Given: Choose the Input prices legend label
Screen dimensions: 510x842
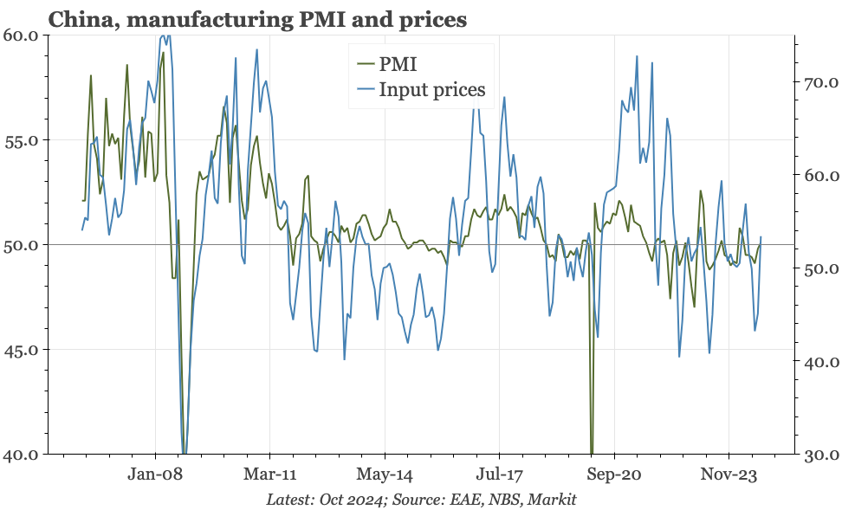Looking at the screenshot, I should point(432,89).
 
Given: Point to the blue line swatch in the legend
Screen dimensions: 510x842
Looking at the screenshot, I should point(366,89).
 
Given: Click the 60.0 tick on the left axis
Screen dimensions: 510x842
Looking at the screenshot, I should point(20,36).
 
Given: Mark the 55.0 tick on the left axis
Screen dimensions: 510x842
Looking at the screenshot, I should point(20,140).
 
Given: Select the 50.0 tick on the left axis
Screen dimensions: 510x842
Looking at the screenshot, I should point(20,245).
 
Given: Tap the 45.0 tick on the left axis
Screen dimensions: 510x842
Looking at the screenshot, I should point(20,350).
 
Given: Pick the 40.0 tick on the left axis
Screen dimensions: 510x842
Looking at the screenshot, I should point(20,455).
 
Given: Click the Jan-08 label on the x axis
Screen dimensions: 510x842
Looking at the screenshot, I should point(155,474).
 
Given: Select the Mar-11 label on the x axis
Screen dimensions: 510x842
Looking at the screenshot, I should point(269,474).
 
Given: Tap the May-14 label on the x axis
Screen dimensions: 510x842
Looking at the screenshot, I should point(385,474).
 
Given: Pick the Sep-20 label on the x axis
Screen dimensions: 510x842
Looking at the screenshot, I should point(614,474).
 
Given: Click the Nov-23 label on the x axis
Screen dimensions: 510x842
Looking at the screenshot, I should point(729,474).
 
